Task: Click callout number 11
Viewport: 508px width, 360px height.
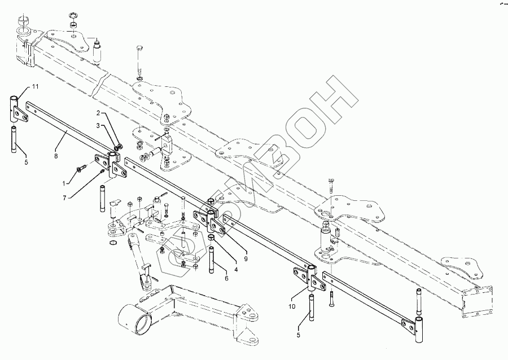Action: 34,86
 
